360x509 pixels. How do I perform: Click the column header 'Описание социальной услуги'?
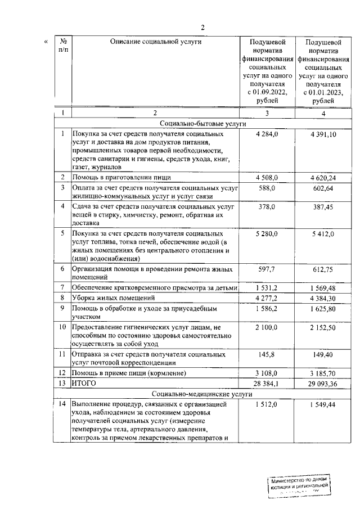[x=156, y=42]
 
